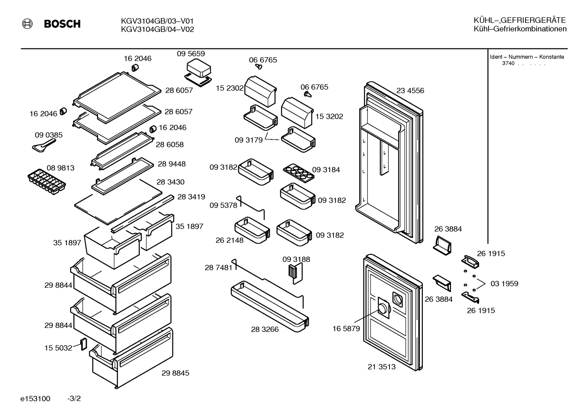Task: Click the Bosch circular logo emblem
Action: [27, 24]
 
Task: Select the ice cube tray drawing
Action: [47, 182]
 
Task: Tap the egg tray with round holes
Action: [299, 173]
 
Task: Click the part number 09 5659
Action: [191, 54]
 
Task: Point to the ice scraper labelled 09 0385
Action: [44, 145]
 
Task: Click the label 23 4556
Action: [410, 91]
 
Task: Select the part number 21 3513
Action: [381, 367]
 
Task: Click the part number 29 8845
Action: [175, 373]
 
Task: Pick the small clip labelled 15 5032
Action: [84, 344]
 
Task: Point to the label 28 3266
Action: [265, 329]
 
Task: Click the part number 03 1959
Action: [504, 283]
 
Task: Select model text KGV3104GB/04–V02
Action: [157, 29]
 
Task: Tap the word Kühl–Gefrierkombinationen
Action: [520, 29]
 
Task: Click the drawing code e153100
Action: [35, 399]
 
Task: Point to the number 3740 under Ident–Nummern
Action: [508, 64]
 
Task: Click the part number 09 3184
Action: [326, 170]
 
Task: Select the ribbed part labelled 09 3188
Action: [296, 273]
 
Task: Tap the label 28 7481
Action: [219, 268]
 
